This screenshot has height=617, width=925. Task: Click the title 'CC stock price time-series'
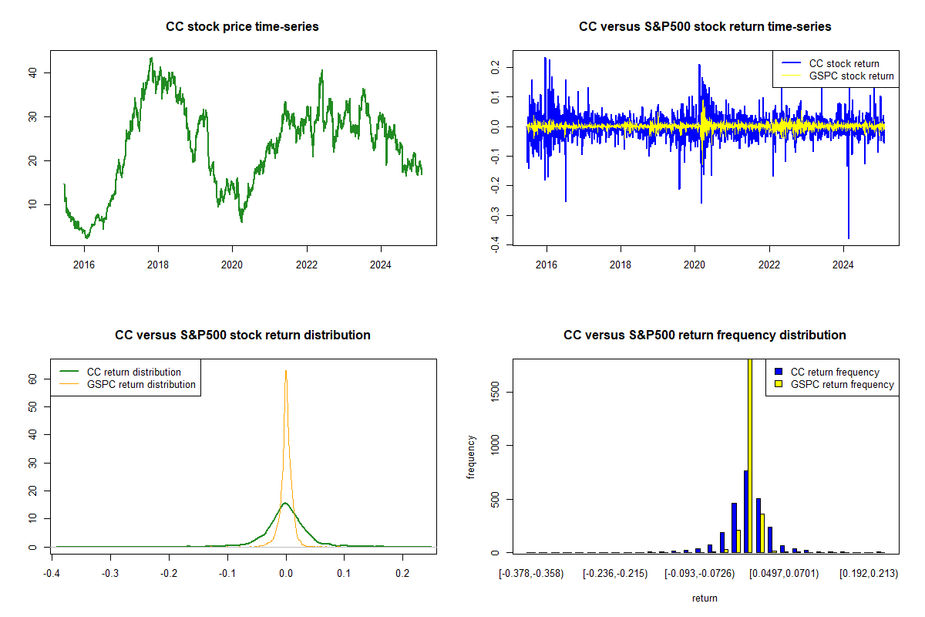(x=242, y=27)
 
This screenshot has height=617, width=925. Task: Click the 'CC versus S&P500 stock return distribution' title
(x=242, y=335)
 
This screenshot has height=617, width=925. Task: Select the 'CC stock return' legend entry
(x=843, y=63)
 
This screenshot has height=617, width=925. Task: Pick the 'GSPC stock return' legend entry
(x=851, y=76)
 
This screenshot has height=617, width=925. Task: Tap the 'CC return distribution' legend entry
(x=134, y=372)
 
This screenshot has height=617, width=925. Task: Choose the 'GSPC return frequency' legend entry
(x=842, y=384)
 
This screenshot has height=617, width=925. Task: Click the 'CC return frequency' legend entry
(x=835, y=372)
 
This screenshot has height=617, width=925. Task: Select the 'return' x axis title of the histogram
(x=705, y=598)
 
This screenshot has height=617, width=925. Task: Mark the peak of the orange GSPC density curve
(x=286, y=371)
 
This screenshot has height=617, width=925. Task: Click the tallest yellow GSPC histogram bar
(x=750, y=455)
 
